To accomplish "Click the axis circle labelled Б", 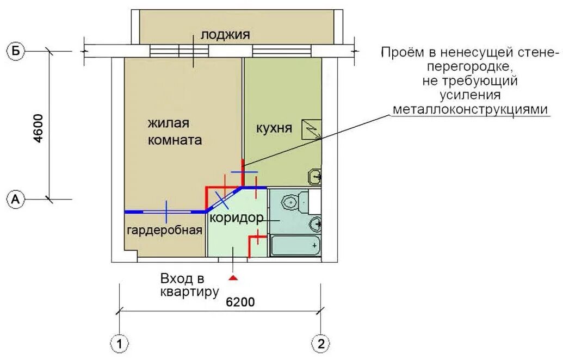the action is coord(16,51).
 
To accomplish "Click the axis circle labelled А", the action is coord(16,199).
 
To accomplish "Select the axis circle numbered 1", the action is coord(119,344).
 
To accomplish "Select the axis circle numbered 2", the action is coord(320,344).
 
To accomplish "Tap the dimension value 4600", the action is coord(38,128).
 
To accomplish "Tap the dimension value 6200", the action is coord(240,302).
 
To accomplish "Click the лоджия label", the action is coord(225,35).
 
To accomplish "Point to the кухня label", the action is coord(274,128).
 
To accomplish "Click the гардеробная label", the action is coord(165,230).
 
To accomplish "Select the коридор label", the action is coord(237,218).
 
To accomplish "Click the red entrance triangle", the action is coord(234,277).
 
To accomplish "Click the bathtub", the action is coord(295,245).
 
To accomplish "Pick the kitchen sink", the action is coord(314,177).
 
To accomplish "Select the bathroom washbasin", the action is coord(315,225).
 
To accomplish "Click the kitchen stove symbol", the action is coord(311,129).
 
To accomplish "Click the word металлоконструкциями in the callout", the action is coord(471,109).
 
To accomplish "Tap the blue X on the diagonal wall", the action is coord(222,200).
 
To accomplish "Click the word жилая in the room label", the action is coord(169,123).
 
